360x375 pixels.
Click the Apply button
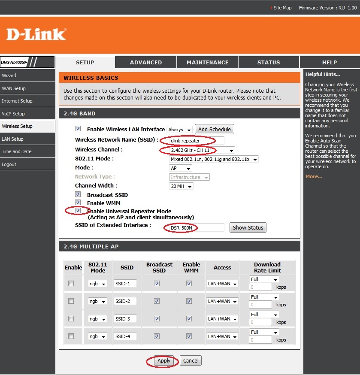(x=164, y=361)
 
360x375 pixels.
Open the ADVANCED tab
(x=146, y=62)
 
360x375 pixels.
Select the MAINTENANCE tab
(x=207, y=62)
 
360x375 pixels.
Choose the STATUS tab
(x=269, y=62)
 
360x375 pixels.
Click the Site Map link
(x=282, y=8)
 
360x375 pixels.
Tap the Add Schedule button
(x=214, y=130)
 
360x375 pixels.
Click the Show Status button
(x=248, y=227)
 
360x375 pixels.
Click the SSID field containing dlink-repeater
(x=197, y=141)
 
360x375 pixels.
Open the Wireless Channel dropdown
(x=202, y=150)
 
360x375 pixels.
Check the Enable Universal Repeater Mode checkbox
(x=78, y=211)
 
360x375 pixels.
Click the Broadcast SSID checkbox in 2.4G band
(x=78, y=194)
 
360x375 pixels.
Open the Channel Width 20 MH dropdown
(x=181, y=186)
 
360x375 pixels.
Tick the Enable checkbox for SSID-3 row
(x=71, y=318)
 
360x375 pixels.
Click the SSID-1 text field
(x=125, y=284)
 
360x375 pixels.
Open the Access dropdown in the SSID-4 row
(x=222, y=336)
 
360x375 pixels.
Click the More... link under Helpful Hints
(x=314, y=176)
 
